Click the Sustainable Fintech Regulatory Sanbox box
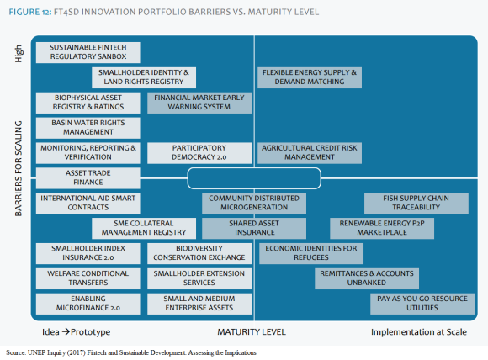[88, 52]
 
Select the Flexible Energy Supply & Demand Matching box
[310, 77]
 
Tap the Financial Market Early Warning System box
[199, 103]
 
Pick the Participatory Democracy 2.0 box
[199, 153]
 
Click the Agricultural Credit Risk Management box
[310, 153]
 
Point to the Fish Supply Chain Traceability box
[416, 204]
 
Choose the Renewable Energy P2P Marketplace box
[382, 229]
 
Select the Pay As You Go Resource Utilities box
[422, 304]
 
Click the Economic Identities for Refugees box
[311, 253]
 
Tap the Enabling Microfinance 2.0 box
[88, 304]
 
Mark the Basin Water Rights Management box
[88, 128]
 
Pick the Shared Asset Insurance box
[254, 229]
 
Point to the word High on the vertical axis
[19, 54]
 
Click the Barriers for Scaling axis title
[19, 168]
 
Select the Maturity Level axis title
[252, 332]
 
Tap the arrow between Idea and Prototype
[66, 331]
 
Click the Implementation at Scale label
[419, 332]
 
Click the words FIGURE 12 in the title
[30, 12]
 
